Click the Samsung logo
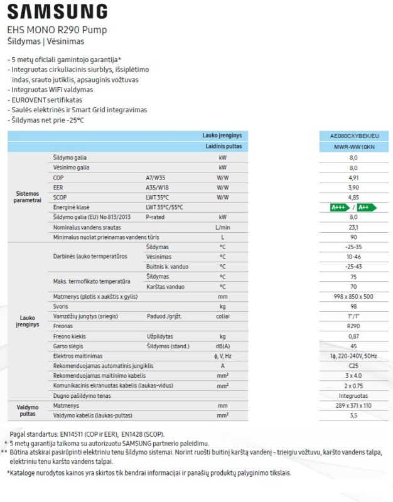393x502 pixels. (x=57, y=11)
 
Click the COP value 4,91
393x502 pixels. (x=353, y=178)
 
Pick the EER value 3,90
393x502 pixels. (x=353, y=187)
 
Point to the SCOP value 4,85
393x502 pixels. (x=353, y=197)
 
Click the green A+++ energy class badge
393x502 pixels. (x=340, y=207)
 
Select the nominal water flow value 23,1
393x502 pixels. (x=353, y=227)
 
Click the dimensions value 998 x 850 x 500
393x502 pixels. (x=353, y=296)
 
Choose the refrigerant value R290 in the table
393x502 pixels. (x=353, y=326)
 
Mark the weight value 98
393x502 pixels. (x=353, y=306)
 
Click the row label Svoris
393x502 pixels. (x=62, y=306)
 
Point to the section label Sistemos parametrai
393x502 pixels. (x=27, y=196)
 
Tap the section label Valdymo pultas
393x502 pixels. (x=27, y=410)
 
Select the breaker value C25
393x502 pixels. (x=353, y=366)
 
